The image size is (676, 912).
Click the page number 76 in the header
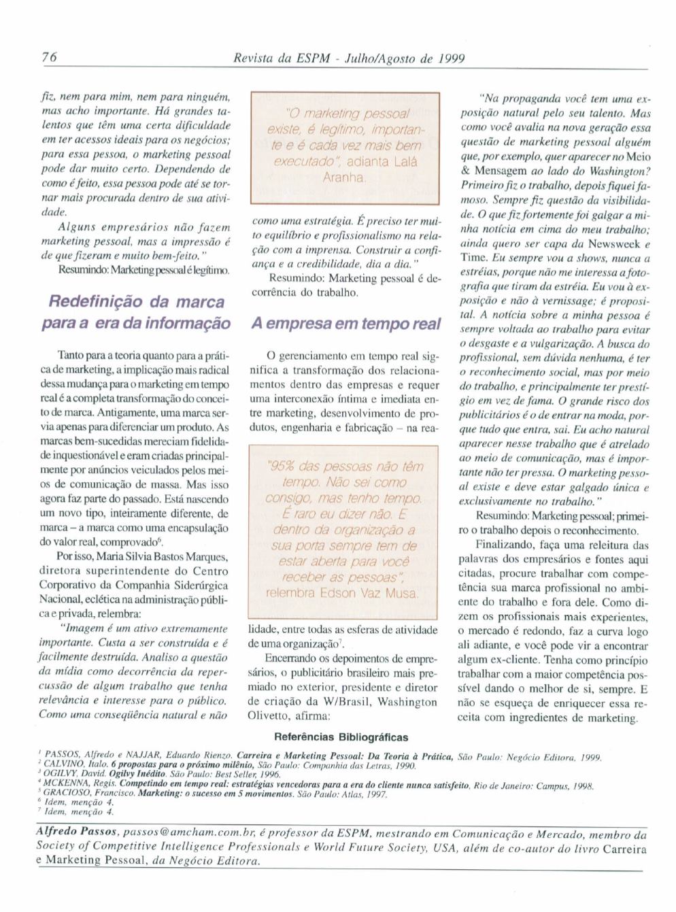(x=49, y=58)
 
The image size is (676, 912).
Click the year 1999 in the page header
(x=451, y=58)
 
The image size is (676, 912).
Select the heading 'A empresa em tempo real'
(x=346, y=324)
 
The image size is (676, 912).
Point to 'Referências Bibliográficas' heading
(x=341, y=737)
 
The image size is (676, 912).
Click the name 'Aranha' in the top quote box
(x=345, y=178)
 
